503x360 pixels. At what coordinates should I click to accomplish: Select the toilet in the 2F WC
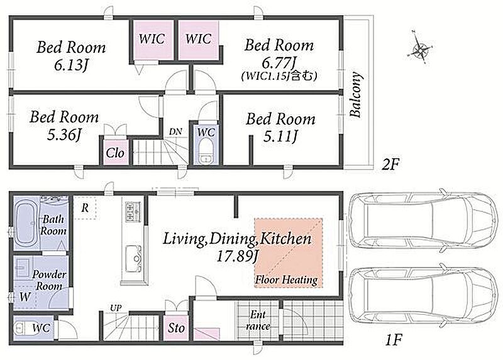pos(205,151)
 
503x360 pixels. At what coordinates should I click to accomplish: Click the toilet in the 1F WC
pos(23,329)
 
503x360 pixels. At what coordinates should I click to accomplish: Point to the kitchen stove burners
pos(133,212)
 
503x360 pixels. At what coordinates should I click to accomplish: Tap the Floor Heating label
pos(286,280)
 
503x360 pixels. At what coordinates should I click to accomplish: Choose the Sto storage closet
pos(177,327)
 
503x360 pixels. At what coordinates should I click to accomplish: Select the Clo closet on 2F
pos(115,153)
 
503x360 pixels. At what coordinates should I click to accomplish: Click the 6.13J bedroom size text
pos(71,65)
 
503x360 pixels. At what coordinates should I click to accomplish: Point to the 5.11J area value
pos(280,137)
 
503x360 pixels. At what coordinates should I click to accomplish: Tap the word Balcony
pos(356,95)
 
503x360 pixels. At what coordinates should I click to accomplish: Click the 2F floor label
pos(390,165)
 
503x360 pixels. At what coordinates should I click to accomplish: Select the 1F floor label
pos(393,339)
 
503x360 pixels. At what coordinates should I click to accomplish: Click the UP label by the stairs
pos(116,308)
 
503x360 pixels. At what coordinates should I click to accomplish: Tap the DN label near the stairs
pos(175,131)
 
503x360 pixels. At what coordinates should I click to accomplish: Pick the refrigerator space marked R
pos(85,208)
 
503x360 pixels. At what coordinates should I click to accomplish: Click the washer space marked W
pos(25,297)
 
